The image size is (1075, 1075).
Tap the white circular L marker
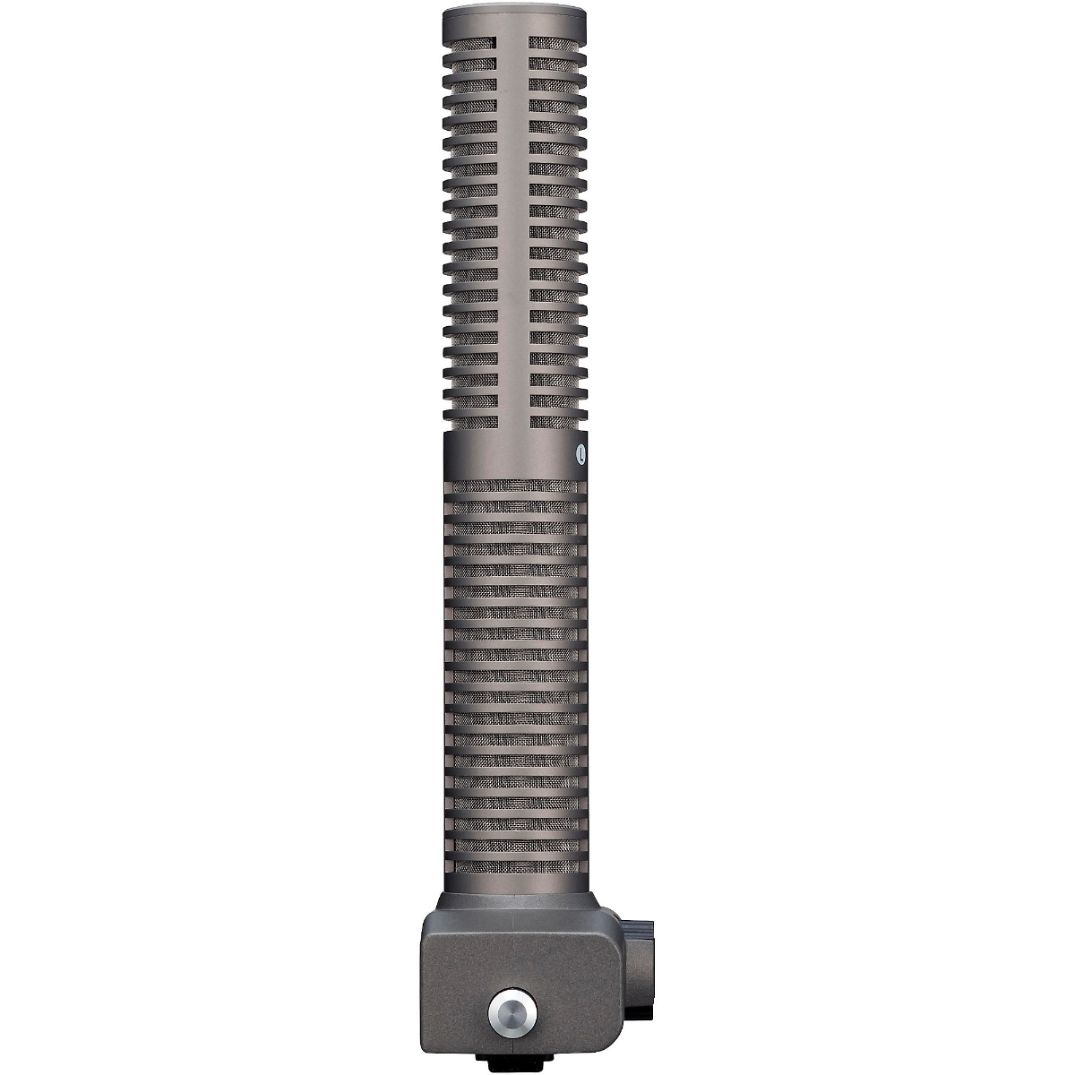pyautogui.click(x=581, y=454)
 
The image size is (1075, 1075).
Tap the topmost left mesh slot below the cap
pyautogui.click(x=476, y=41)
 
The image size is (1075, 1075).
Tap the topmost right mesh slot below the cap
pyautogui.click(x=555, y=41)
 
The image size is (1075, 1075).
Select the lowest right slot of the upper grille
pyautogui.click(x=555, y=421)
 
